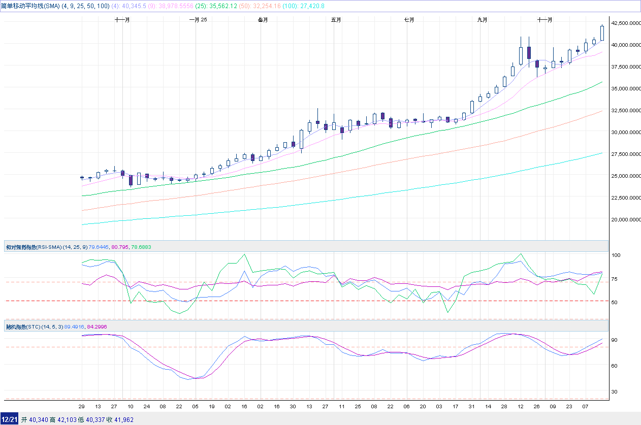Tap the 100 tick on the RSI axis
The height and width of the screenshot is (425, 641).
pyautogui.click(x=616, y=255)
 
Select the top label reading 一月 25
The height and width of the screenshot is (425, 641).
pyautogui.click(x=198, y=20)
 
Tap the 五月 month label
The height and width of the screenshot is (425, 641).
pyautogui.click(x=336, y=20)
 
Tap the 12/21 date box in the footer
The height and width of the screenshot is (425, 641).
pyautogui.click(x=10, y=419)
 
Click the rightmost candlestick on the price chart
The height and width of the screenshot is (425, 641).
pyautogui.click(x=602, y=32)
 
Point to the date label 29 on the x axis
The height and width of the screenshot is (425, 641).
pyautogui.click(x=82, y=407)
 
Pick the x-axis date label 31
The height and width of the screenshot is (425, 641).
pyautogui.click(x=472, y=407)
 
